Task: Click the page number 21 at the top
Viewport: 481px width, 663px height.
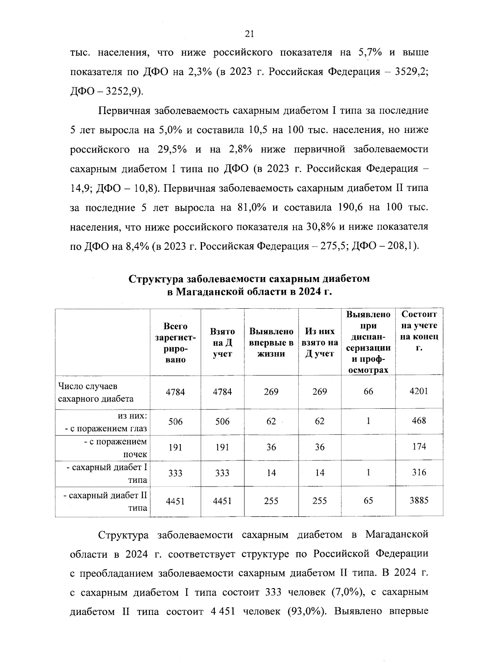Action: point(249,34)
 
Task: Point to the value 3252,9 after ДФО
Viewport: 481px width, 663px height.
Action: point(119,91)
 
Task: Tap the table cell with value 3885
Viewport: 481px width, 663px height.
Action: point(419,500)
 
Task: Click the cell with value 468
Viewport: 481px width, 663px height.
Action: point(419,420)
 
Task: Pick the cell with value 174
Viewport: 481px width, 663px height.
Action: point(419,446)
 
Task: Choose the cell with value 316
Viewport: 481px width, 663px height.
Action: point(419,472)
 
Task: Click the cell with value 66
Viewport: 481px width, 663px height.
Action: point(368,392)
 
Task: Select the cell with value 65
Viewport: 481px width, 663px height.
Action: point(368,500)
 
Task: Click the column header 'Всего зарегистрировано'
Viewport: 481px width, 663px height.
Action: point(176,343)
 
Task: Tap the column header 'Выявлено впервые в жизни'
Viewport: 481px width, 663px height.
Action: point(271,343)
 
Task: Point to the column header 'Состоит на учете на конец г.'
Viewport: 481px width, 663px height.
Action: point(419,331)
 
